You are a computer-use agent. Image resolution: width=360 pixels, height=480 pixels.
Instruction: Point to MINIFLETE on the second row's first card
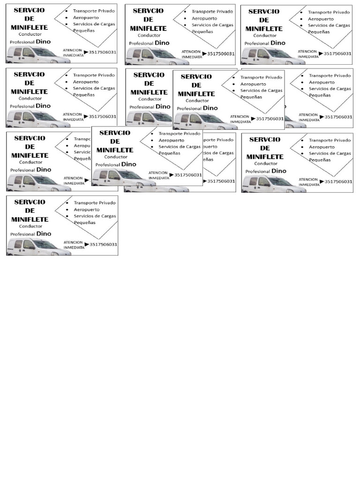(29, 91)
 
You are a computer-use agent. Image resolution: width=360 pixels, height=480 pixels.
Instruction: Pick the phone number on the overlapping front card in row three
(188, 175)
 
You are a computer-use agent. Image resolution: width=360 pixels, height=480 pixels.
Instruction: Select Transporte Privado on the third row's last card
(330, 140)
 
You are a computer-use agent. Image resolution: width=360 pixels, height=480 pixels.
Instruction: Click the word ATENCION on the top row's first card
(73, 49)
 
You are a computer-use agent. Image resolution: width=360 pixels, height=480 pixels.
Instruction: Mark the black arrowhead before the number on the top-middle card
(204, 54)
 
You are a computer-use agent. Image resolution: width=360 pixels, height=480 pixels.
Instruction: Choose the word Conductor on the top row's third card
(265, 35)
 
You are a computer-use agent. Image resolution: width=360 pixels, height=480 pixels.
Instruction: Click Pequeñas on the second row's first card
(84, 95)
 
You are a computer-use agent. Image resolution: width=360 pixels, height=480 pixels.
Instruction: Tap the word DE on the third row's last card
(264, 148)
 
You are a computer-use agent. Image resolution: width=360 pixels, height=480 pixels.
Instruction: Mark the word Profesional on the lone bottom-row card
(22, 234)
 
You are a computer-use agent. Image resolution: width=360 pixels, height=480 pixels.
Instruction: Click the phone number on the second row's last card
(338, 117)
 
